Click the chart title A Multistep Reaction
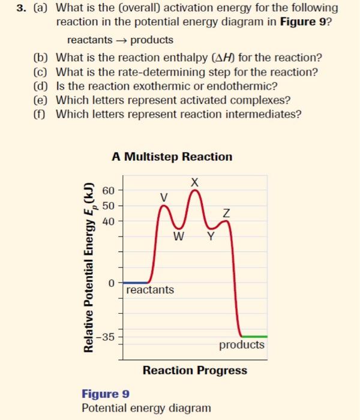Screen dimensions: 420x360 click(x=172, y=157)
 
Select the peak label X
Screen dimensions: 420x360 click(x=194, y=182)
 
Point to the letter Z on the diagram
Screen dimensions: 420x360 click(x=226, y=212)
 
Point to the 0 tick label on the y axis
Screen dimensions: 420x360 click(x=110, y=282)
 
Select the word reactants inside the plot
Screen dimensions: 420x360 click(x=151, y=290)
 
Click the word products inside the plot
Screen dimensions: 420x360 click(x=241, y=345)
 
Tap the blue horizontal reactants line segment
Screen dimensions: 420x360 click(x=137, y=282)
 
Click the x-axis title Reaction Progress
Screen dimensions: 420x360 click(x=194, y=370)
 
